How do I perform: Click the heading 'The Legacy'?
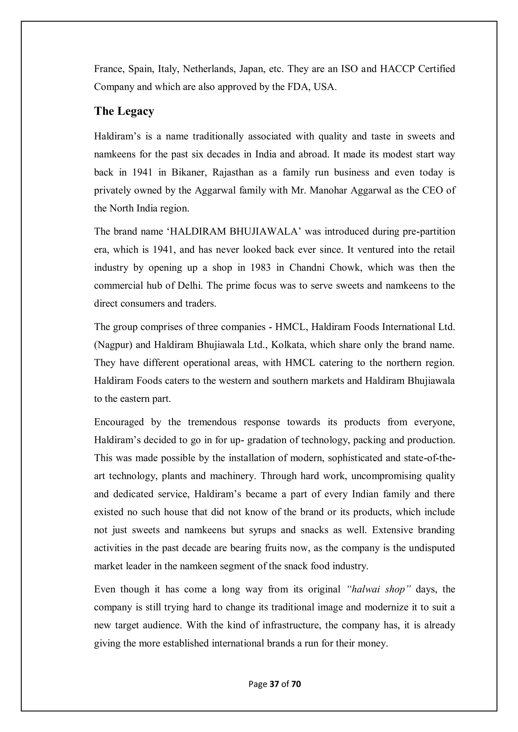(x=124, y=111)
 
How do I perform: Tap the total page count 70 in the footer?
(x=296, y=684)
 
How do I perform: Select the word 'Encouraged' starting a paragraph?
(x=119, y=422)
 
